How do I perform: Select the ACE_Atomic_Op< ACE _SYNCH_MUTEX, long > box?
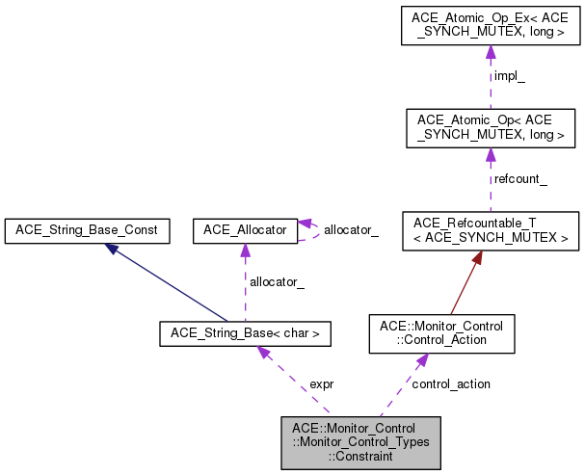[x=490, y=128]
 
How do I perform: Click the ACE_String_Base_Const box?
[x=87, y=230]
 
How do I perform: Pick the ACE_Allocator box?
[x=245, y=230]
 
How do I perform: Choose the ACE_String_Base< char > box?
[x=245, y=334]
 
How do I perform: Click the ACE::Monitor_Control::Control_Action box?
[x=442, y=333]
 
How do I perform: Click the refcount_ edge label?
[x=519, y=179]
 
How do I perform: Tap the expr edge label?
[x=321, y=383]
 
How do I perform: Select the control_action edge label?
[x=450, y=383]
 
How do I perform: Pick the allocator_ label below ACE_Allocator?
[x=277, y=281]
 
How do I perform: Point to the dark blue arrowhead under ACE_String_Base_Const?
[x=114, y=249]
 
